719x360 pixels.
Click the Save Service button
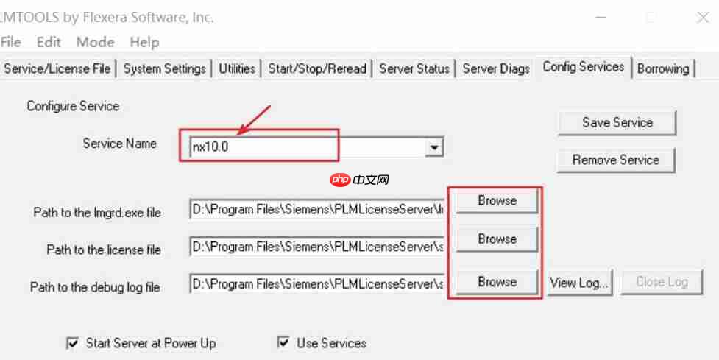pos(617,123)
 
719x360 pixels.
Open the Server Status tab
pos(414,68)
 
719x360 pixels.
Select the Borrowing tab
pos(663,68)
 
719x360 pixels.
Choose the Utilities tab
pos(236,68)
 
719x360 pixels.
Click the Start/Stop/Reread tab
pos(317,68)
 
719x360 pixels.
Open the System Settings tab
pos(164,68)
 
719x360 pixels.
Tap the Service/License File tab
pos(57,68)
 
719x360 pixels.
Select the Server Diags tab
pos(496,68)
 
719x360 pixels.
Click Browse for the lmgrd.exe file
pos(497,200)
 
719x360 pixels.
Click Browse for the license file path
pos(497,239)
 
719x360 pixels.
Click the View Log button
pos(579,282)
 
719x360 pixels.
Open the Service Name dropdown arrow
pos(434,148)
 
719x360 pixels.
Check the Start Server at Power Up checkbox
pos(73,343)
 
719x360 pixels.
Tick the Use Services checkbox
pos(283,343)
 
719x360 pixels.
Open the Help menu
pos(144,42)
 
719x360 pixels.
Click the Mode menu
pos(95,42)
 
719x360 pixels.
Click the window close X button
pos(702,18)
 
